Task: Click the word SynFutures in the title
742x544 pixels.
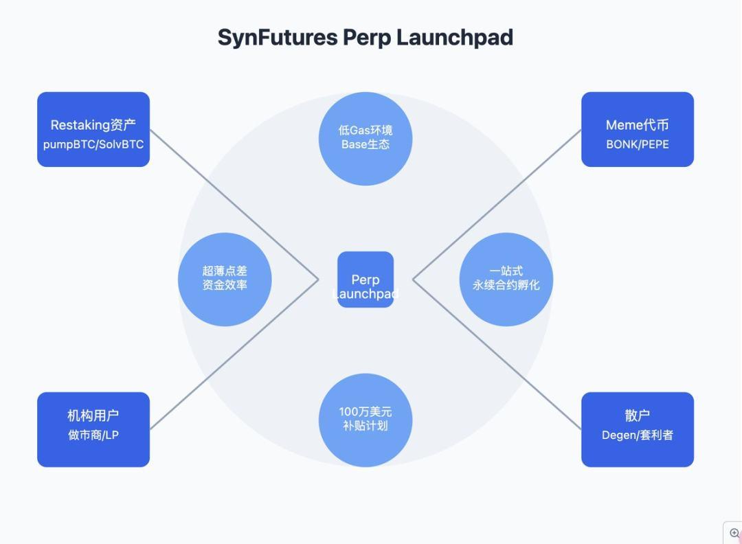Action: click(277, 37)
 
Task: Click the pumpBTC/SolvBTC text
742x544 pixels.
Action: click(93, 145)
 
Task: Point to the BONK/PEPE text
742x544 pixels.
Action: click(637, 145)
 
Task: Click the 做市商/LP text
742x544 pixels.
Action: click(93, 435)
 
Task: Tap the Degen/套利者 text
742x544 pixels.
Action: click(637, 435)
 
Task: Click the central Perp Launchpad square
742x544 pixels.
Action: click(366, 280)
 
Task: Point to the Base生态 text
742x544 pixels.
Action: click(366, 145)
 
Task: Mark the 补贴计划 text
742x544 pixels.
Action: click(366, 427)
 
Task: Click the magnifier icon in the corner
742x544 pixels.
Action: click(734, 533)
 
